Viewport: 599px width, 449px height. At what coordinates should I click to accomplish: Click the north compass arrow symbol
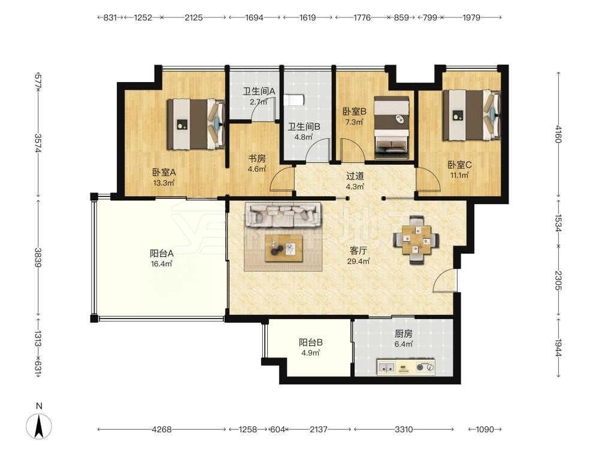[x=38, y=426]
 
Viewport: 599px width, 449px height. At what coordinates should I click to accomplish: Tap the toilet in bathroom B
[x=294, y=100]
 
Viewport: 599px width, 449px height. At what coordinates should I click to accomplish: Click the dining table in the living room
[x=416, y=240]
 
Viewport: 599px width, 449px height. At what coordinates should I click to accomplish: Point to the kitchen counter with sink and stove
[x=406, y=367]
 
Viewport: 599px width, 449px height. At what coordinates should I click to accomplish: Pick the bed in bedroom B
[x=392, y=128]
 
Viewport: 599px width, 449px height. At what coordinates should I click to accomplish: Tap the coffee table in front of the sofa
[x=284, y=248]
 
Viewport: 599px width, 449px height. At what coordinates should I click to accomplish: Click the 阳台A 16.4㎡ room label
[x=162, y=258]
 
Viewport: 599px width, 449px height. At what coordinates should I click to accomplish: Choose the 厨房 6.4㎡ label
[x=403, y=339]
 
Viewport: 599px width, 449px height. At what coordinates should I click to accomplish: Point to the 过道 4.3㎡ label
[x=355, y=181]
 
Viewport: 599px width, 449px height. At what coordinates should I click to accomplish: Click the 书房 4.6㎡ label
[x=257, y=163]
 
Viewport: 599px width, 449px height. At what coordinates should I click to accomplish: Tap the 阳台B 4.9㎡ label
[x=310, y=347]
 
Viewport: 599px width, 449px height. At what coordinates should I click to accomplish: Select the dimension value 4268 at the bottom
[x=162, y=429]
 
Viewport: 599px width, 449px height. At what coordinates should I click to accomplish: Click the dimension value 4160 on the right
[x=558, y=134]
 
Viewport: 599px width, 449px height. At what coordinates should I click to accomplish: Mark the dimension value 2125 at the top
[x=193, y=17]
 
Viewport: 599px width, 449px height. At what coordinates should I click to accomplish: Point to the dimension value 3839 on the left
[x=38, y=257]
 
